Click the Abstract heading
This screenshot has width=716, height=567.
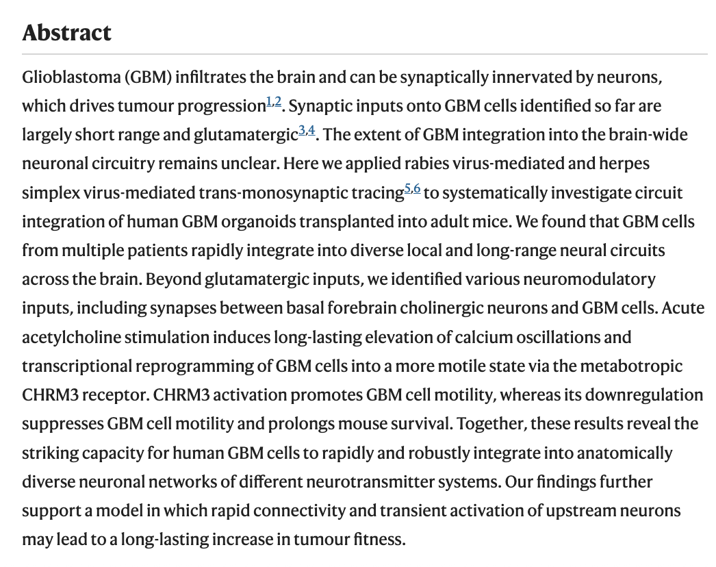pyautogui.click(x=66, y=32)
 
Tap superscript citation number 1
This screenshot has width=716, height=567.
pyautogui.click(x=268, y=101)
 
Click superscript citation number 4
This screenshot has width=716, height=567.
pyautogui.click(x=311, y=130)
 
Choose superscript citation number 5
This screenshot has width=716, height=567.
pyautogui.click(x=407, y=188)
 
